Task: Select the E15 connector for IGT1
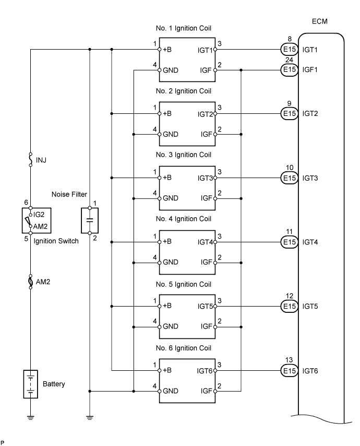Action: (287, 51)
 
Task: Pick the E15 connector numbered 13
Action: (287, 371)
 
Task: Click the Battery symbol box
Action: (31, 384)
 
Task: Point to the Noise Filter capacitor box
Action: (90, 220)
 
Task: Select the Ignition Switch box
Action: (31, 220)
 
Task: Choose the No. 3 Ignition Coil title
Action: (183, 156)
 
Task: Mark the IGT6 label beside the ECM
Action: (311, 371)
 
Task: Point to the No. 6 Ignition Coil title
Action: (183, 348)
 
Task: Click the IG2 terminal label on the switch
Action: (39, 214)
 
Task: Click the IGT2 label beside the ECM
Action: (311, 113)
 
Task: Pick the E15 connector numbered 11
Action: (287, 243)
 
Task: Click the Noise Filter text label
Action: (68, 195)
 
